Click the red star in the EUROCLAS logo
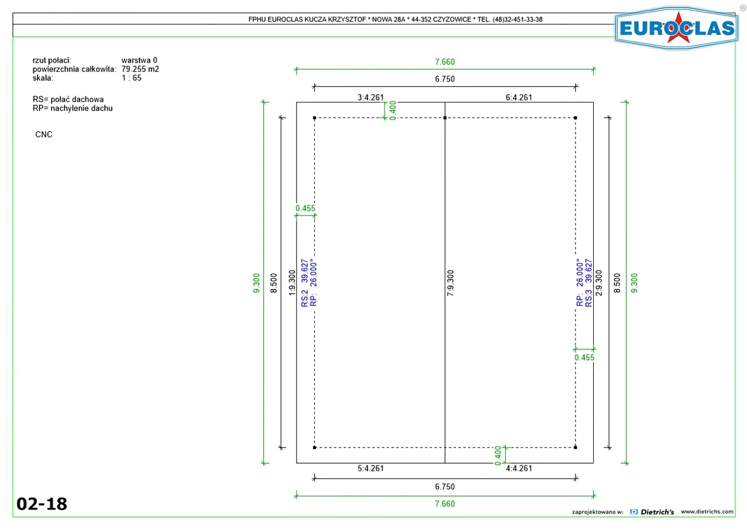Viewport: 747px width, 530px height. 678,28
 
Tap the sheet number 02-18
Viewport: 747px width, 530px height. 41,504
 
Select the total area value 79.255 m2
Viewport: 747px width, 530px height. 140,69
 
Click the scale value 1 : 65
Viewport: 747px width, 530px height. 131,78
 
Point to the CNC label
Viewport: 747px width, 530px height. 44,134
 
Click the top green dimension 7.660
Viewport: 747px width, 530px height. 444,61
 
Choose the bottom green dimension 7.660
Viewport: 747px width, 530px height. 444,503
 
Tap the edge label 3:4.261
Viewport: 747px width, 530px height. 371,97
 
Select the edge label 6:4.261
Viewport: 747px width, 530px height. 518,97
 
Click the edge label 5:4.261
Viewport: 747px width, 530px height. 371,469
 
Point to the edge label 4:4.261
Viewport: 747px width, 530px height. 518,469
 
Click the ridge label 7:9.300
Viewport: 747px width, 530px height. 450,283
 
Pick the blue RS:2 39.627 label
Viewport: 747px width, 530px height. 304,282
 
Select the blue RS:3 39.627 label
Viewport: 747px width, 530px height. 589,282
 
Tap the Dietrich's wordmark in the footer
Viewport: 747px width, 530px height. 657,512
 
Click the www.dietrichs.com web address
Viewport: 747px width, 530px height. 707,512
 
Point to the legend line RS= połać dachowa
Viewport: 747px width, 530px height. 68,99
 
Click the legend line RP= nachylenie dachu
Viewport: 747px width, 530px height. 72,108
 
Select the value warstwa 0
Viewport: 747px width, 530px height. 139,60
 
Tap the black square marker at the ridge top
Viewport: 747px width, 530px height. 445,118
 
